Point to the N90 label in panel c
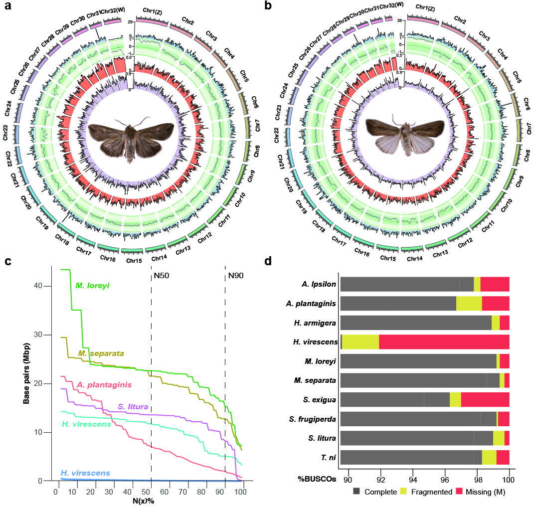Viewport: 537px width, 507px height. (x=236, y=275)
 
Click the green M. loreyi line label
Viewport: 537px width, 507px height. (x=92, y=286)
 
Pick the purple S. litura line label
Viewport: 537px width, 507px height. (x=133, y=407)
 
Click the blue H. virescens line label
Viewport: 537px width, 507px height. (x=85, y=473)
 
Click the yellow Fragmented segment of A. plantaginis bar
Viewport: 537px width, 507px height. (x=469, y=303)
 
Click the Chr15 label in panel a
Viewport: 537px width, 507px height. (x=133, y=260)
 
